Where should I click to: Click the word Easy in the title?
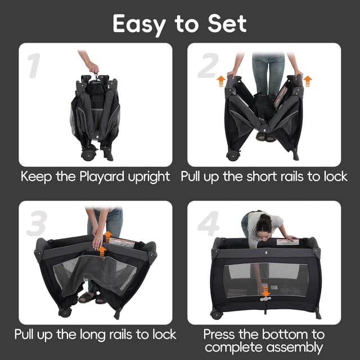point(143,24)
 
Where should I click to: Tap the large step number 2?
point(207,67)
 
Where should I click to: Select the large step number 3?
point(36,223)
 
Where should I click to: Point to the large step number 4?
point(208,223)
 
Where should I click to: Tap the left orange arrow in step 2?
point(221,82)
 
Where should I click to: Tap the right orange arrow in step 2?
point(307,82)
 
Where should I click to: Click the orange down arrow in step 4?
point(265,292)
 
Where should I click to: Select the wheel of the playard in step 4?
point(216,314)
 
